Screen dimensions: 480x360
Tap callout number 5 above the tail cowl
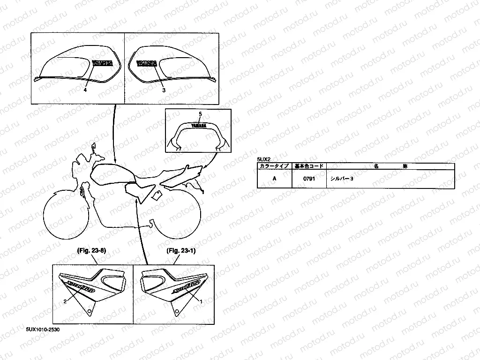pos(200,114)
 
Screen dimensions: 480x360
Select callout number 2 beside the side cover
pos(65,302)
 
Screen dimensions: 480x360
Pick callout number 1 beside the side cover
pos(201,302)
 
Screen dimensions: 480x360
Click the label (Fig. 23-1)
pos(180,251)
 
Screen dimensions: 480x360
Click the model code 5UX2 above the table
pos(264,160)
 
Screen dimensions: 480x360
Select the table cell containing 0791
pos(308,179)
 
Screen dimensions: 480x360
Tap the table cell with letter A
pos(275,179)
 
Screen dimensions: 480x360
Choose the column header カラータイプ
pos(275,166)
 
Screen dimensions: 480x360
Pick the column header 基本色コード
pos(308,166)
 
